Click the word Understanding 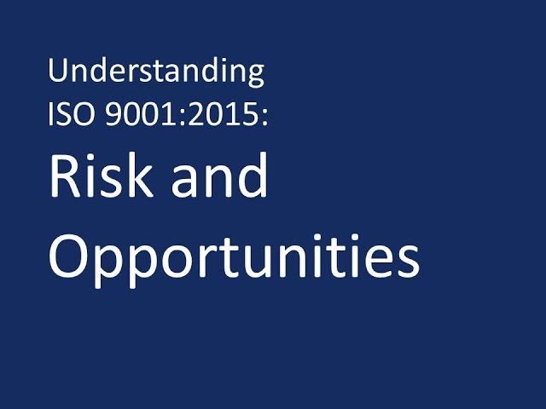point(156,72)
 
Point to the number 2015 point(223,114)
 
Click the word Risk point(102,175)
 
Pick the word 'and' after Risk point(219,175)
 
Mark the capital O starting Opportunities point(69,256)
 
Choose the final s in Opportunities point(409,262)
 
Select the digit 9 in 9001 point(113,114)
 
